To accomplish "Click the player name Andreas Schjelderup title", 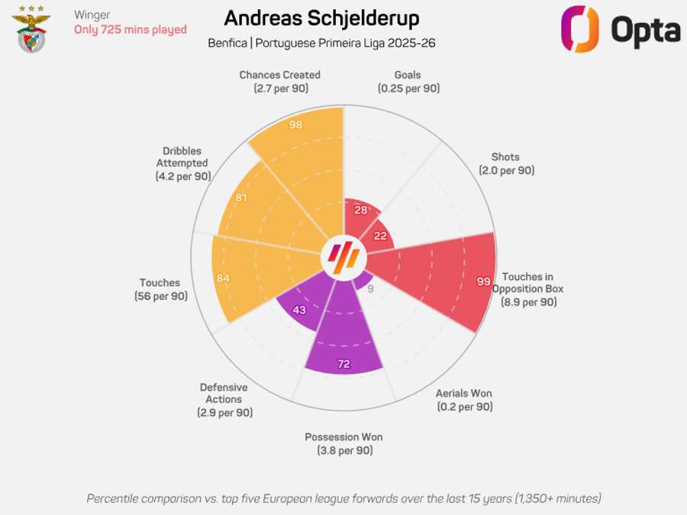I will point(321,18).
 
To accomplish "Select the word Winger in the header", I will point(92,14).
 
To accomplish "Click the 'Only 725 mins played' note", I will point(131,30).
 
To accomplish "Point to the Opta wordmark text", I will point(645,31).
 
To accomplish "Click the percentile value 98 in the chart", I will point(295,124).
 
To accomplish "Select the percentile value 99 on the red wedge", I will point(483,282).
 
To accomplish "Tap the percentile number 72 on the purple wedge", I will point(343,364).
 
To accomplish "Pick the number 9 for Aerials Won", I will point(370,289).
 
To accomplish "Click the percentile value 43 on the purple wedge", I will point(299,310).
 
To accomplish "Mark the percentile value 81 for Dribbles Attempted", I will point(240,198).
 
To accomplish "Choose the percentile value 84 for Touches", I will point(223,278).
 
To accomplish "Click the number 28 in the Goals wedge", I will point(361,210).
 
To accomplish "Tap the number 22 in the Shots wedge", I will point(380,237).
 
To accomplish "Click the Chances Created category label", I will point(279,82).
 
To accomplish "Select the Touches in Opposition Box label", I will point(527,289).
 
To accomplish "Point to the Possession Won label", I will point(343,444).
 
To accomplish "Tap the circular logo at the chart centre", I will point(343,259).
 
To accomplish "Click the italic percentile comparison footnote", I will point(343,498).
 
